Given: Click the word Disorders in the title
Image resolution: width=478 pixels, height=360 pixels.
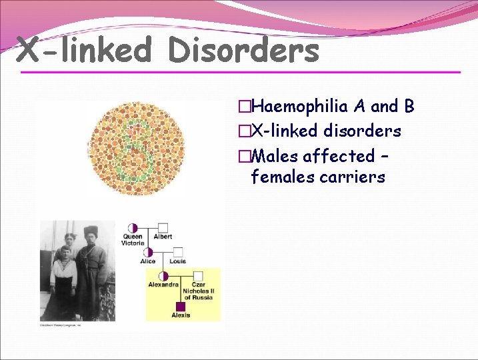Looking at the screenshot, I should point(243,50).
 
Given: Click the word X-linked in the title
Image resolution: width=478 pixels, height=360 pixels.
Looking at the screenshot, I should point(84,50).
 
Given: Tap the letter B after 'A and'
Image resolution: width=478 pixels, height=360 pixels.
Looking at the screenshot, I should point(409,106).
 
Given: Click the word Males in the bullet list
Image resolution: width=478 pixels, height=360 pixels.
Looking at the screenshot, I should point(274,156).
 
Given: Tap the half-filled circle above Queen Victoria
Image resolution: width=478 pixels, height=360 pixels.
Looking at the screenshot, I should point(133,228).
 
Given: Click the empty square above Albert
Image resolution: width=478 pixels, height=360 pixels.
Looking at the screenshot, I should point(163,228).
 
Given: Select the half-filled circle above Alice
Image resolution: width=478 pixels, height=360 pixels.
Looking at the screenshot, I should point(148,252).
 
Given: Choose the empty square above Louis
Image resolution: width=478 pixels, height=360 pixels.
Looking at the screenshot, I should point(178,252).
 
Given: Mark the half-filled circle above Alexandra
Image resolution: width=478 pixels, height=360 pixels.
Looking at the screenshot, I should point(163,275).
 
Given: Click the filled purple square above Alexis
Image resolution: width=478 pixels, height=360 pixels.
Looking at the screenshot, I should point(181,306).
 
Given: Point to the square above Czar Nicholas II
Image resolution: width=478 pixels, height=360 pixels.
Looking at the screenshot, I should point(198,275).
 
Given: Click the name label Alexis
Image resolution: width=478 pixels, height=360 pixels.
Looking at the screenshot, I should point(181,315).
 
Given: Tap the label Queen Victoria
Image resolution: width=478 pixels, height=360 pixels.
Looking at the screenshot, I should point(133,240).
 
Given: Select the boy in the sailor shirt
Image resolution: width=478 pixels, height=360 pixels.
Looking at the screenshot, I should point(65,273).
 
